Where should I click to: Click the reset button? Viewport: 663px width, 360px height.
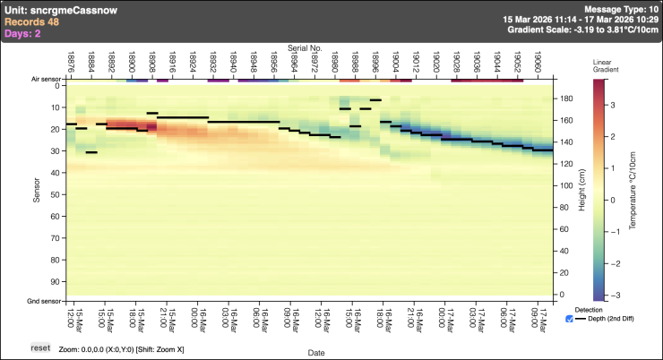point(40,347)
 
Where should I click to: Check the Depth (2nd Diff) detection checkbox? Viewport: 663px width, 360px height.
point(571,319)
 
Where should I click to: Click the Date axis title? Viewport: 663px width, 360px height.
point(316,354)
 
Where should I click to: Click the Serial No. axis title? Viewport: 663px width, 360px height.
point(305,45)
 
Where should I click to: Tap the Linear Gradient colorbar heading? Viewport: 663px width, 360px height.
point(603,65)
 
